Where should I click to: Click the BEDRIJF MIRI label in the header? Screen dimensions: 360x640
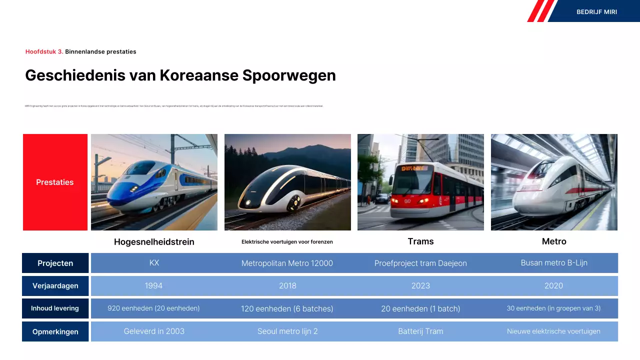pos(596,12)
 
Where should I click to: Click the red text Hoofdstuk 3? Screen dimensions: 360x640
pos(44,51)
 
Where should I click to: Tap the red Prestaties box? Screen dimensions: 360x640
pos(55,182)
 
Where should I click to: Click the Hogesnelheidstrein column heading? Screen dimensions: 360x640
pos(154,242)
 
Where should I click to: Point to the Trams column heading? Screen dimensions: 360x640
pos(420,241)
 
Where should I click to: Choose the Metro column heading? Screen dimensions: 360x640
pos(554,241)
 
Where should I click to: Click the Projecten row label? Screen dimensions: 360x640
pos(55,263)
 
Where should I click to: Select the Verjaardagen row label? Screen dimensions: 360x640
pos(55,286)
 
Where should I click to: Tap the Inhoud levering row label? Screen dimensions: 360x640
pos(55,308)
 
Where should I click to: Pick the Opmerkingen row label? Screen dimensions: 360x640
pos(55,331)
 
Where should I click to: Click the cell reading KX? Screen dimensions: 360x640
pos(154,262)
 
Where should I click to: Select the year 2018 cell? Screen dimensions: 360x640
pos(287,286)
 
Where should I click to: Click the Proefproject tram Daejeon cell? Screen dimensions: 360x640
pos(420,263)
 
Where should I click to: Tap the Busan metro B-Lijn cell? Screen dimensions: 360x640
pos(553,262)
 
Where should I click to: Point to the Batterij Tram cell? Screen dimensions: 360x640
pos(420,331)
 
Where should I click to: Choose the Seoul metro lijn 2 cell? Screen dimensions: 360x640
pos(287,331)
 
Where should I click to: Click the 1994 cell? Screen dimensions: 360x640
pos(154,286)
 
